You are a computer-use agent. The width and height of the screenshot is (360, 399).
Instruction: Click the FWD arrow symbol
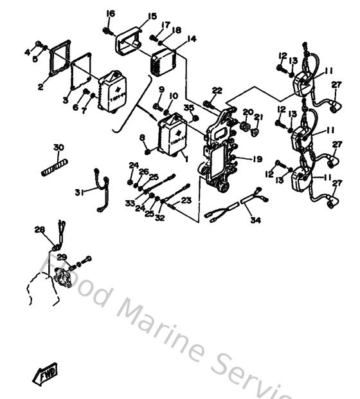[x=44, y=373]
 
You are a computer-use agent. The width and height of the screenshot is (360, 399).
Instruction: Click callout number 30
[x=59, y=148]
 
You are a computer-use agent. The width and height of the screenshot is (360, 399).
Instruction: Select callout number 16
[x=111, y=14]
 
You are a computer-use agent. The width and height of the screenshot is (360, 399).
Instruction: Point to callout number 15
[x=152, y=16]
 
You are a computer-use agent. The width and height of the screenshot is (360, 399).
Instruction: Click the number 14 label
[x=192, y=39]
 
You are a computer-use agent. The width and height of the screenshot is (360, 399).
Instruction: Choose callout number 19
[x=256, y=159]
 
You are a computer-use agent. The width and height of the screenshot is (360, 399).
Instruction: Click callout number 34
[x=256, y=220]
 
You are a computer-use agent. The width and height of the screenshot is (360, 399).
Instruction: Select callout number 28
[x=39, y=229]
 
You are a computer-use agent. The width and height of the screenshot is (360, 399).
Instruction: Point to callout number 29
[x=62, y=257]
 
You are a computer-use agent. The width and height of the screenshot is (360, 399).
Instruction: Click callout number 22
[x=217, y=91]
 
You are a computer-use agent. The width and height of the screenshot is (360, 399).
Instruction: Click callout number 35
[x=188, y=107]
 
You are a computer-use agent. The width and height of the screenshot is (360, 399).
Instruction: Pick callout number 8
[x=142, y=138]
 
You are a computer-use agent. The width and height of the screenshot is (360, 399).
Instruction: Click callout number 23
[x=186, y=200]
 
